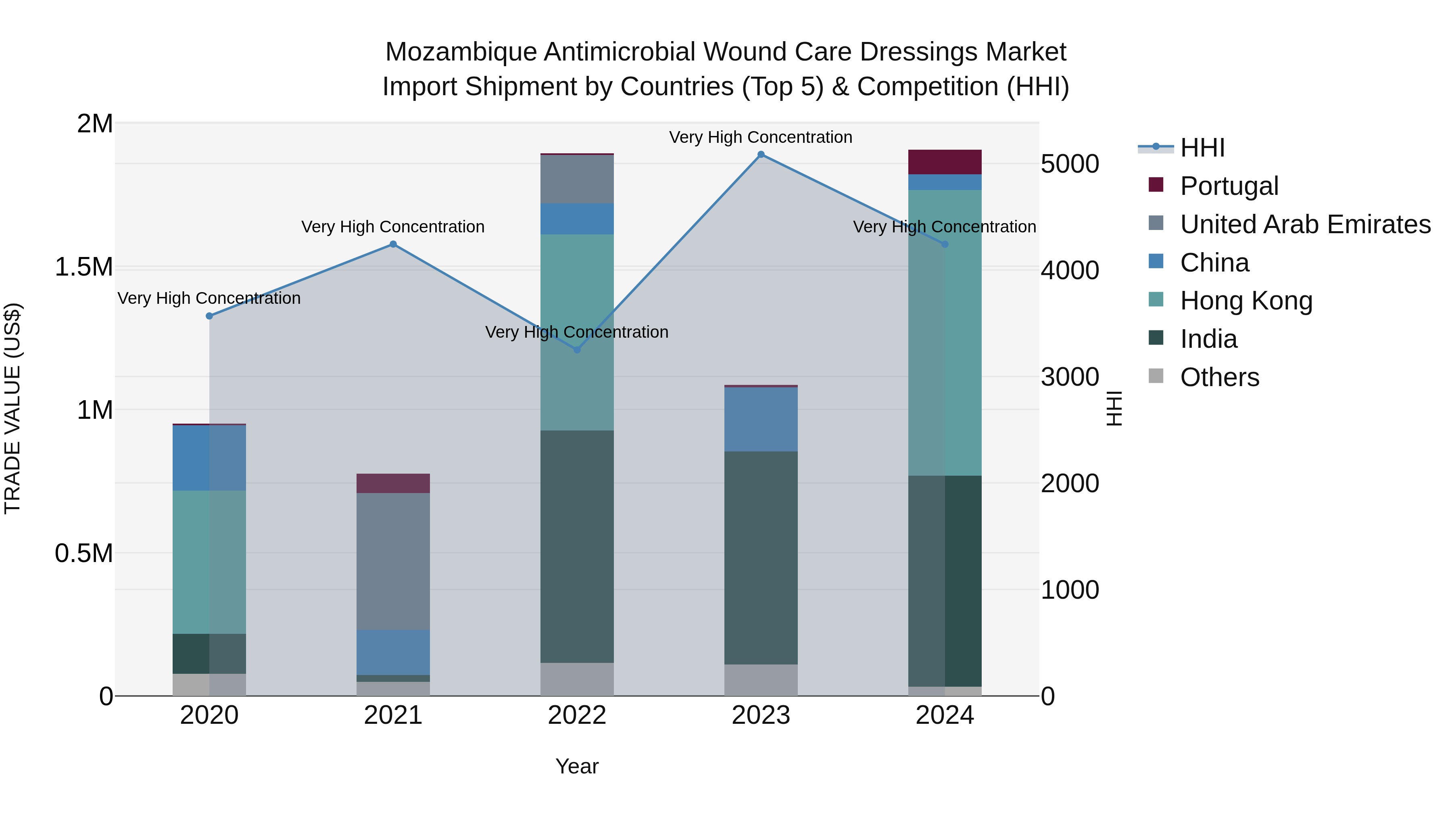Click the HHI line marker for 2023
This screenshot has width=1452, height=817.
click(x=761, y=155)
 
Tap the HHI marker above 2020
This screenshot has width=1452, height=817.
click(x=209, y=316)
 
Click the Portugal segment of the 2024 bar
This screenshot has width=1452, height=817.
click(x=945, y=162)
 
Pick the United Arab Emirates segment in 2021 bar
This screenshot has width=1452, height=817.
click(x=393, y=561)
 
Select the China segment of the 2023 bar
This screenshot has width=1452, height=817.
click(x=761, y=420)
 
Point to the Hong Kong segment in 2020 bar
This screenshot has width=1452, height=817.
click(x=209, y=562)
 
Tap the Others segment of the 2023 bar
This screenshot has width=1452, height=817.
click(x=761, y=680)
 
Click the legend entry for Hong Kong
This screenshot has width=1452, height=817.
click(x=1246, y=301)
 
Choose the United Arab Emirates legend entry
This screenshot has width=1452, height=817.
click(x=1305, y=224)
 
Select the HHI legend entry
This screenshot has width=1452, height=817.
click(x=1202, y=148)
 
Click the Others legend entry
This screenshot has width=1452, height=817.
click(x=1219, y=377)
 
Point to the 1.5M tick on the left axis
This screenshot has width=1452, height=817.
click(x=84, y=267)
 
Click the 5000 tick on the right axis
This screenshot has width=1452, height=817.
click(x=1069, y=164)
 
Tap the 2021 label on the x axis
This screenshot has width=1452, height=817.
click(x=393, y=715)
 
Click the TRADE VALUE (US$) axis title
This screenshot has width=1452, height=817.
click(x=13, y=408)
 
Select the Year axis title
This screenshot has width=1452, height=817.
click(x=577, y=766)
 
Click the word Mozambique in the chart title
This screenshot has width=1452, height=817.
click(x=461, y=52)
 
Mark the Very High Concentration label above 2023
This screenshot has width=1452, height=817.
click(x=760, y=137)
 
